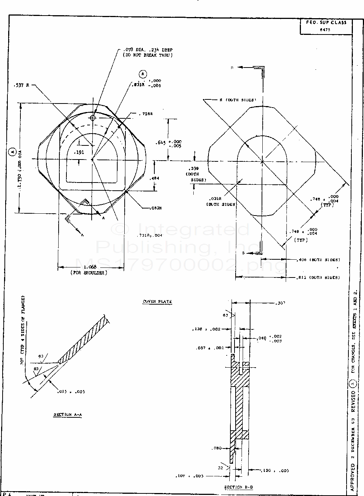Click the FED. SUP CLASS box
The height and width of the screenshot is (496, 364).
point(326,26)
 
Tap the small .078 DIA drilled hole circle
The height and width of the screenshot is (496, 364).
point(93,118)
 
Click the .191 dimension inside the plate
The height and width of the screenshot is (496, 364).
point(79,152)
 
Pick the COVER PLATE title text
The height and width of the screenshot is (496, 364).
point(157,302)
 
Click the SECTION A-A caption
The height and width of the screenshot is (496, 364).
point(68,414)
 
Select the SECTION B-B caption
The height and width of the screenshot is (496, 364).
point(238,487)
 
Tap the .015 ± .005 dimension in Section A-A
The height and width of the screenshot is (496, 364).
point(70,392)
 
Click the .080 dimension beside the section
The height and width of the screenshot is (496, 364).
point(217,448)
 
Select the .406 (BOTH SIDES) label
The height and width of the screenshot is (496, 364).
point(318,260)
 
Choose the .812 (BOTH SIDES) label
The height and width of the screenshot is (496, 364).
point(318,277)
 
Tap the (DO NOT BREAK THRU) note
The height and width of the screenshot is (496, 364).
point(148,55)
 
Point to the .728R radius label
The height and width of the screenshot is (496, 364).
point(145,114)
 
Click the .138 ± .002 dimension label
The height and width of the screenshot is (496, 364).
point(206,329)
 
